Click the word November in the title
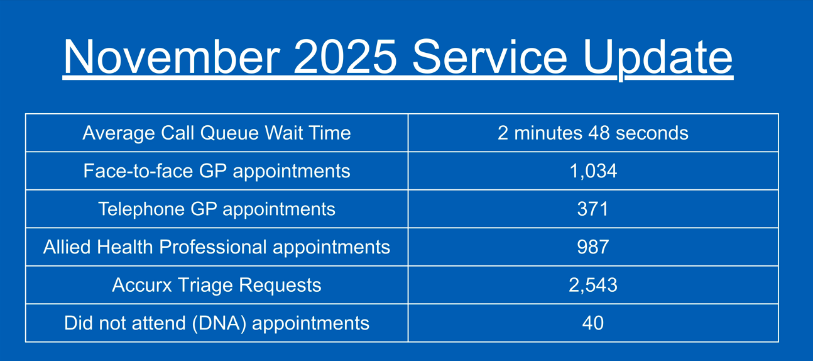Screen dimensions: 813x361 point(172,57)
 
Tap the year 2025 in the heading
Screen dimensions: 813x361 point(346,57)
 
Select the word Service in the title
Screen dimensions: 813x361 point(489,57)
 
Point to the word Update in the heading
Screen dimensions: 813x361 point(658,59)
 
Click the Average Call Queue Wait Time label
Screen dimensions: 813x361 point(217,133)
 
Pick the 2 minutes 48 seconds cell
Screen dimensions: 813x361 point(593,133)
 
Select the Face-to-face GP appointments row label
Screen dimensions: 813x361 point(217,171)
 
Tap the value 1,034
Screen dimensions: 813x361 point(593,171)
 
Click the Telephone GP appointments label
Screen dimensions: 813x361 point(217,209)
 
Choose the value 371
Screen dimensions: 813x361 point(592,209)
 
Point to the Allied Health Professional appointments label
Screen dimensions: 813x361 point(217,247)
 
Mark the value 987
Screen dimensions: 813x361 point(593,247)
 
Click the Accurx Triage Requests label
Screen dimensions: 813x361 point(217,285)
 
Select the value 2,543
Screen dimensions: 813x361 point(593,285)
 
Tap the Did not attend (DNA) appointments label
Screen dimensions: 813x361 point(217,323)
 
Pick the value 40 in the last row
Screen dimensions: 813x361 point(593,323)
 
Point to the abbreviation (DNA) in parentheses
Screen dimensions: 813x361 point(219,323)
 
